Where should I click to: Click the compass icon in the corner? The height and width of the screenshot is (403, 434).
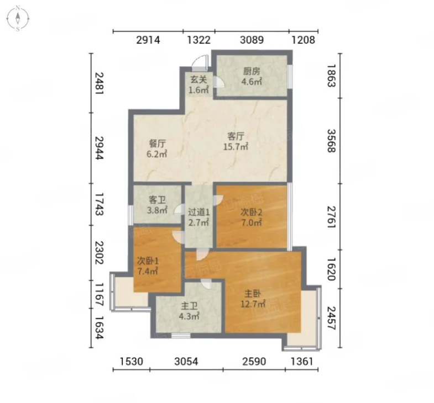18,19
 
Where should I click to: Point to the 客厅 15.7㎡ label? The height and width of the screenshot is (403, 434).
236,141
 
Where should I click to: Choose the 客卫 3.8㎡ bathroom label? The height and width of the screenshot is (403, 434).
157,205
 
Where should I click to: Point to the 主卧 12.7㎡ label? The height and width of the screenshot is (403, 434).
253,299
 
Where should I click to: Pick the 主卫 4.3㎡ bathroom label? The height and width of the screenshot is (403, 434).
189,311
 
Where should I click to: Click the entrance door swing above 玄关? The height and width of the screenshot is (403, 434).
200,63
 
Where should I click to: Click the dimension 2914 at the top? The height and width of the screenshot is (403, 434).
148,40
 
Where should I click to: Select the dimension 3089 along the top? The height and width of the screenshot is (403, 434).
252,40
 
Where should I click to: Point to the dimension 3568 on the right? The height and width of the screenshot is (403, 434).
331,141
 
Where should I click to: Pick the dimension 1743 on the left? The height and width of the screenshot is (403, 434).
99,204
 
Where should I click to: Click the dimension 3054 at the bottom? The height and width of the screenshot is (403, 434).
186,362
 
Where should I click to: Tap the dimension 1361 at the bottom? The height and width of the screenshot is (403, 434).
302,362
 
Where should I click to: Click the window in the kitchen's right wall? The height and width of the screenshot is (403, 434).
290,77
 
